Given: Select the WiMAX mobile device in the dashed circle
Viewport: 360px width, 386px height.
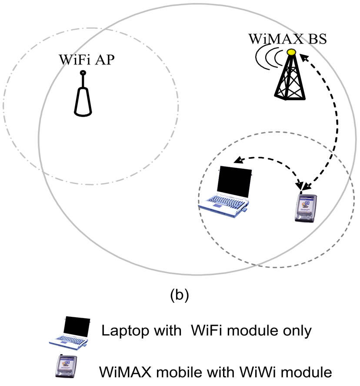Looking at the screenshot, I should (304, 208).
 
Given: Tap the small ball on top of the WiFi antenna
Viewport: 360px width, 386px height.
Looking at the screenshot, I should (83, 73).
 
